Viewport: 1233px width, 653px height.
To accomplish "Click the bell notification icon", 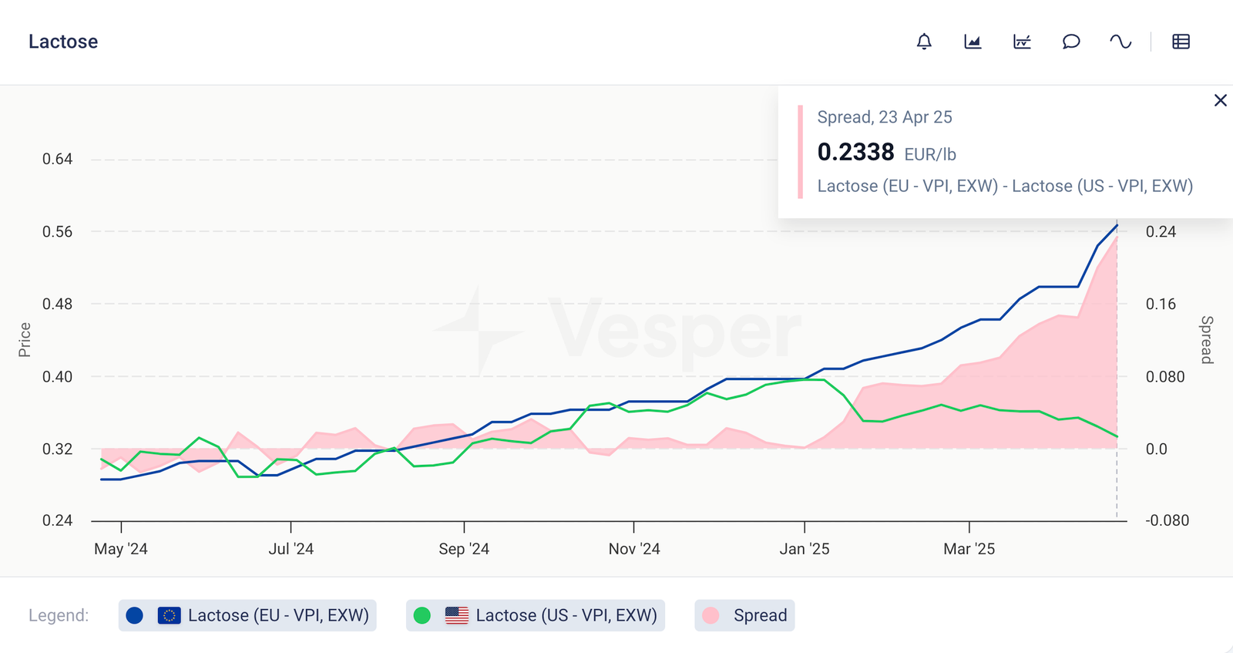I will pyautogui.click(x=924, y=42).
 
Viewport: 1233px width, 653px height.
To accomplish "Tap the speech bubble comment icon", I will pyautogui.click(x=1071, y=42).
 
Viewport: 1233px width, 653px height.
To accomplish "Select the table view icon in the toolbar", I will pyautogui.click(x=1181, y=42).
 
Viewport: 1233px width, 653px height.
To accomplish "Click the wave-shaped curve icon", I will pyautogui.click(x=1120, y=42).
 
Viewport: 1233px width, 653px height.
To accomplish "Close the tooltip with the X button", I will pyautogui.click(x=1220, y=100).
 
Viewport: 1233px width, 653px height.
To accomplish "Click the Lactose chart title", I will pyautogui.click(x=63, y=42).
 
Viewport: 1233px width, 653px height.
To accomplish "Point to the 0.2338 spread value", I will pyautogui.click(x=855, y=152).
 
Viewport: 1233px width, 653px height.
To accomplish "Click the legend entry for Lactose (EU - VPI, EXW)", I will pyautogui.click(x=247, y=615).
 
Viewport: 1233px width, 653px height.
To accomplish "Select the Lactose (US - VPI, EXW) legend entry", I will pyautogui.click(x=536, y=615).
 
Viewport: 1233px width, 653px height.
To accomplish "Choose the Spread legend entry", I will pyautogui.click(x=744, y=615).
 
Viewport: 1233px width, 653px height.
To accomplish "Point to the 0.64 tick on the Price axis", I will pyautogui.click(x=57, y=160).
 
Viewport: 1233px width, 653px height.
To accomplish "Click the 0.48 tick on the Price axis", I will pyautogui.click(x=57, y=304).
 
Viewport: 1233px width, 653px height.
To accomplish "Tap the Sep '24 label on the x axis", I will pyautogui.click(x=464, y=549).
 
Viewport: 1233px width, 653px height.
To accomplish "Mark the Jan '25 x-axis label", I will pyautogui.click(x=805, y=549).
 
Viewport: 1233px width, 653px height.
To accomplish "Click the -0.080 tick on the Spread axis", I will pyautogui.click(x=1167, y=520).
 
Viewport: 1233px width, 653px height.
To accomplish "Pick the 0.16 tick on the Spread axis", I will pyautogui.click(x=1161, y=304).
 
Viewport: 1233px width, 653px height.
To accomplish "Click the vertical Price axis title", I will pyautogui.click(x=25, y=339).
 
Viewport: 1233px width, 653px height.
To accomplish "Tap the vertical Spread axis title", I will pyautogui.click(x=1207, y=339).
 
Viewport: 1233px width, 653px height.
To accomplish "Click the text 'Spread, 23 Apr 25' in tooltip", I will pyautogui.click(x=885, y=117).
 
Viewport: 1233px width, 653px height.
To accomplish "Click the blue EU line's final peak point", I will pyautogui.click(x=1117, y=225).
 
